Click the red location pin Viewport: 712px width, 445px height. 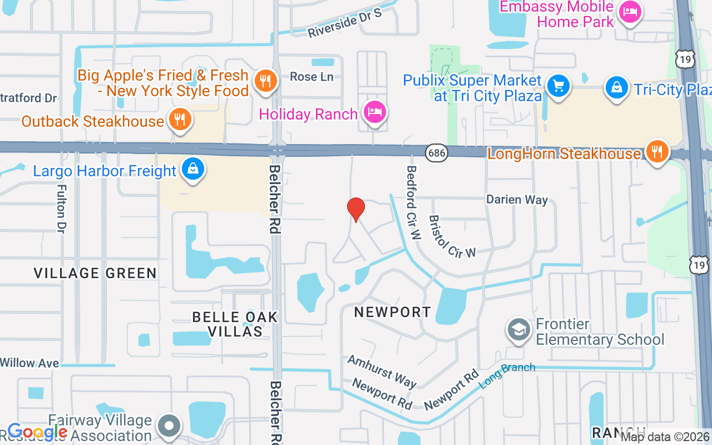355,209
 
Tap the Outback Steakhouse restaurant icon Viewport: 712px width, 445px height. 179,119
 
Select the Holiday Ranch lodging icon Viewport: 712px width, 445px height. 375,112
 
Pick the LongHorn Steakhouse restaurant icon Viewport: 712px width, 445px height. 657,151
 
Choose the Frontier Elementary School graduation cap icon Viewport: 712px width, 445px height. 518,330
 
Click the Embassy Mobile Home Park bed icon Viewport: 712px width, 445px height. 630,12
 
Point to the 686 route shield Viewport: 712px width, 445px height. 437,154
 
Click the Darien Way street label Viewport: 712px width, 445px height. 517,199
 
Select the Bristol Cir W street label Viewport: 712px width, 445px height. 452,236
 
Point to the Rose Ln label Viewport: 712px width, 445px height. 311,77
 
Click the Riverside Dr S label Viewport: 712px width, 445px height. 345,23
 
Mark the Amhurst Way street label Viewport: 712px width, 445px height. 382,371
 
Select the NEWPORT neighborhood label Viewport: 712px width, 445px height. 393,312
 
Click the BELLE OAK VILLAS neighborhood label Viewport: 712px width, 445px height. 235,324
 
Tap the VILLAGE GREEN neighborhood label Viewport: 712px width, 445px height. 95,273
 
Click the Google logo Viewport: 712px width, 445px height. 37,432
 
